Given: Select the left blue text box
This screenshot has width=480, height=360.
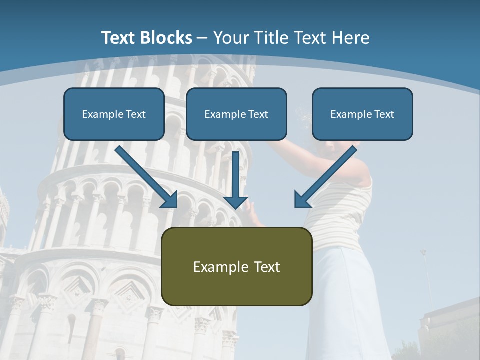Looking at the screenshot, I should tap(114, 114).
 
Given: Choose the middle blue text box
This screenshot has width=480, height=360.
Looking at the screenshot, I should tap(236, 114).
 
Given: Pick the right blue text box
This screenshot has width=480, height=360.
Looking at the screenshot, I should tap(362, 114).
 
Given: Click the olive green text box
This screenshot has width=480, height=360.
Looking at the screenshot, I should tap(237, 266).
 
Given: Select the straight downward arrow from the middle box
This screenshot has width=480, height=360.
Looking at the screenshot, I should tap(236, 177).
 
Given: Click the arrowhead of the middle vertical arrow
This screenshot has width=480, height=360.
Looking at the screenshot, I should tap(236, 201).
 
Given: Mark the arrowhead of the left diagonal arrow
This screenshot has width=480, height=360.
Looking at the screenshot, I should tap(170, 200).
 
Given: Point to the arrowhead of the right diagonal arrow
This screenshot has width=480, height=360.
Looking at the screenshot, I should tap(302, 200).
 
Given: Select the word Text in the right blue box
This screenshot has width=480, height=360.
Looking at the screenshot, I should tap(384, 114).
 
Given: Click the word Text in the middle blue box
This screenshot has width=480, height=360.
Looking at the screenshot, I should tap(258, 114).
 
